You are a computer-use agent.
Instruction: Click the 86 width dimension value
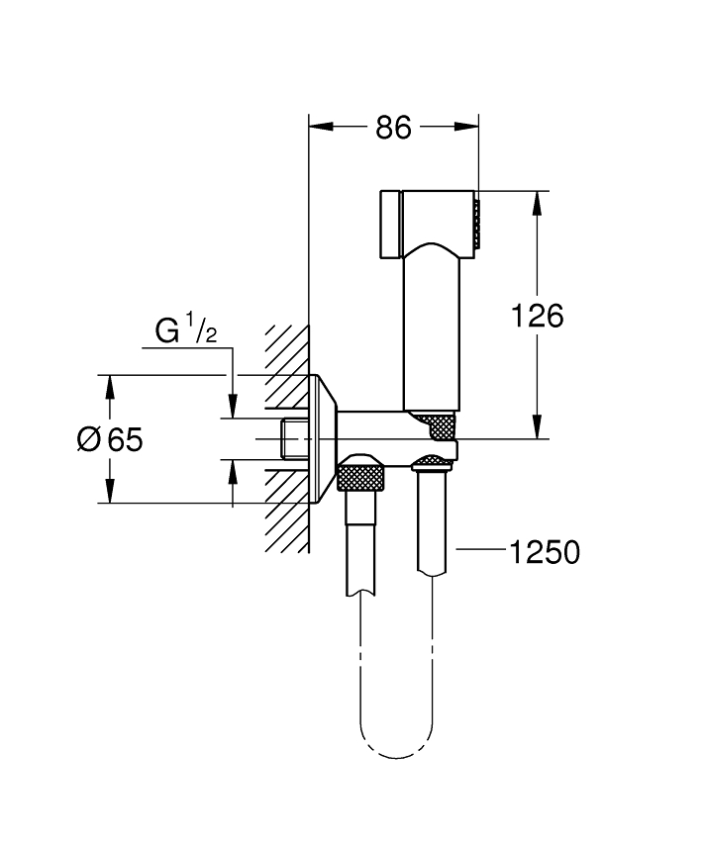point(393,128)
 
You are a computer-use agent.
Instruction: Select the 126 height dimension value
point(537,316)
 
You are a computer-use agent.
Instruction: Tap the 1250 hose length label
point(545,552)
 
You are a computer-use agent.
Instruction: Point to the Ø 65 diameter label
point(110,439)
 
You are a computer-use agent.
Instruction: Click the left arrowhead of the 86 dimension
point(322,127)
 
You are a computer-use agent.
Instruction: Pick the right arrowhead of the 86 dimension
point(466,127)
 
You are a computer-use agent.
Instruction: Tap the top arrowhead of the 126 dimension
point(537,203)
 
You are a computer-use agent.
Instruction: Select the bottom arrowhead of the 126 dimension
point(537,426)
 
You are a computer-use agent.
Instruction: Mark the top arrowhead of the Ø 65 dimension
point(110,387)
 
